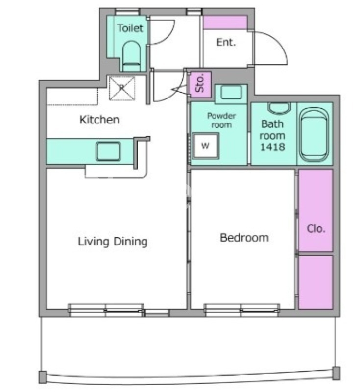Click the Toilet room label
coord(130,28)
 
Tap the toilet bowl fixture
coord(131,56)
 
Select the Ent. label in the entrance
coord(226,42)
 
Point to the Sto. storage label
coord(200,84)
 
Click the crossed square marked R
coord(122,89)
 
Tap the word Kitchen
coord(99,120)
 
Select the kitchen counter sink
coord(108,151)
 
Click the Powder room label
coord(221,120)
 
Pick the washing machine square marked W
coord(206,146)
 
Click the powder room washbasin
coord(231,92)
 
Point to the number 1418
coord(272,147)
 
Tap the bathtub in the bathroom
coord(314,134)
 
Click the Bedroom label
coord(244,238)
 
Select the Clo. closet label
coord(316,229)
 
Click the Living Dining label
coord(113,242)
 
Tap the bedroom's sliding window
coord(241,310)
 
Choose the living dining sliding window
coord(106,310)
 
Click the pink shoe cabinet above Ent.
coord(225,23)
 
